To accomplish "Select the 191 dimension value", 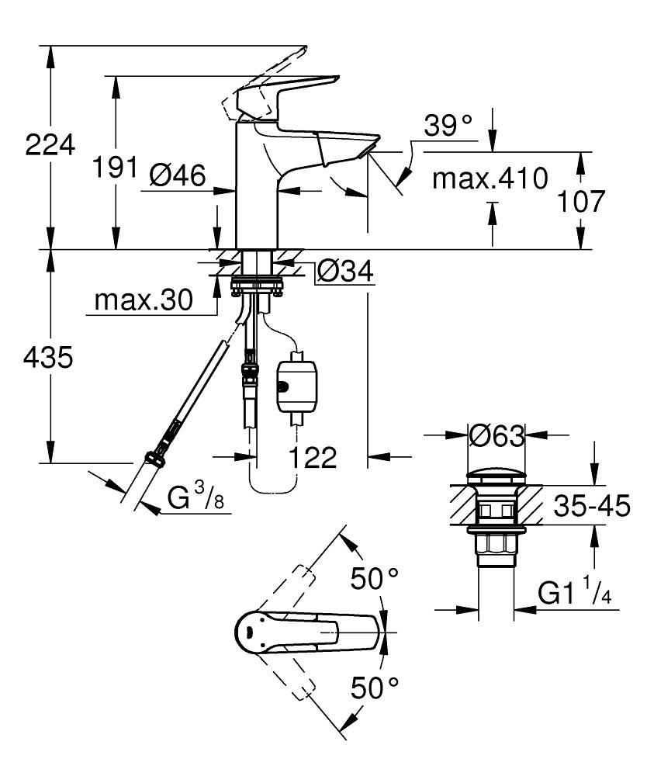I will click(115, 168).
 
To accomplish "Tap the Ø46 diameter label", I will click(178, 177).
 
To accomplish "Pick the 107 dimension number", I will click(580, 201).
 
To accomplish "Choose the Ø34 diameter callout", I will click(345, 272).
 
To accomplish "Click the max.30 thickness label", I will click(142, 300).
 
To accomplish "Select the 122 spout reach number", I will click(313, 458).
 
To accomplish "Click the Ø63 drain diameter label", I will click(496, 437).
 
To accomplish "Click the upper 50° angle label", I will click(373, 579).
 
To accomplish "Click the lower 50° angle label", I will click(373, 688).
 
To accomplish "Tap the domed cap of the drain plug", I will click(496, 475).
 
